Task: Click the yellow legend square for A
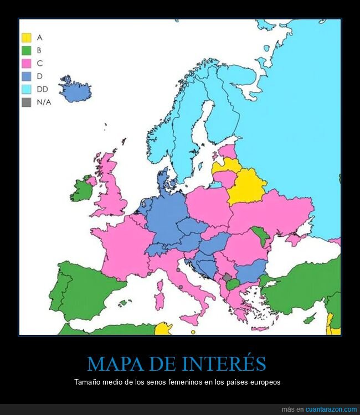click(x=26, y=38)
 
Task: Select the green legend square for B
click(x=26, y=50)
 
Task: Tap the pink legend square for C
click(x=26, y=63)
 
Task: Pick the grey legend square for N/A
click(x=26, y=102)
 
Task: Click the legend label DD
click(x=42, y=89)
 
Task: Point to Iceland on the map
click(x=75, y=90)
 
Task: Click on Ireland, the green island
click(x=81, y=189)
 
